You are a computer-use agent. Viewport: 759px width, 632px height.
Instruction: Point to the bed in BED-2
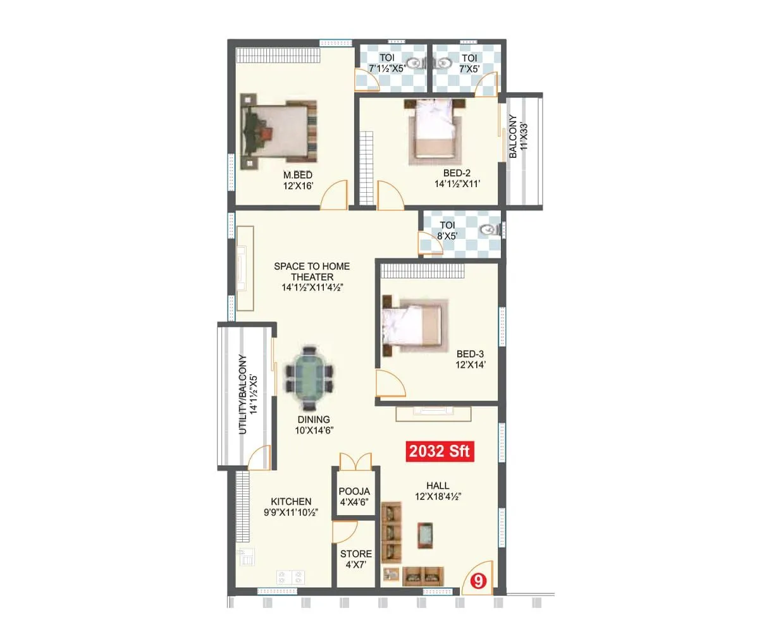click(x=435, y=130)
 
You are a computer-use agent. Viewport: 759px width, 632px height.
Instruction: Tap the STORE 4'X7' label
click(x=356, y=559)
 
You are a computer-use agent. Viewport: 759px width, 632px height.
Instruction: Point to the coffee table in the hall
click(x=424, y=535)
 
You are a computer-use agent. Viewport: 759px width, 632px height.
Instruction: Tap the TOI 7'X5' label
click(x=469, y=63)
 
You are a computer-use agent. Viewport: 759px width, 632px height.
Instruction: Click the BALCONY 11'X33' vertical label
click(x=518, y=137)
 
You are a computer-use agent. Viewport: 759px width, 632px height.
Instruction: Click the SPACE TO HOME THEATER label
click(x=311, y=276)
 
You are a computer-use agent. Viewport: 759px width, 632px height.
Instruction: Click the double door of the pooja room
click(x=355, y=461)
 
